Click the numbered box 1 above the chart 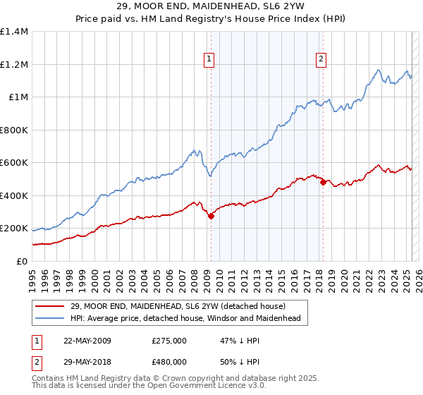(210, 60)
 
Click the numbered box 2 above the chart (321, 60)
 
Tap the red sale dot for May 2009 (211, 217)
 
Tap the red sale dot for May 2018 (323, 182)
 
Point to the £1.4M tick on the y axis (14, 32)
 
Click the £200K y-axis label (14, 229)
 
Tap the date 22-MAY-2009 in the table (87, 341)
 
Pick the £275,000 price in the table (169, 341)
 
